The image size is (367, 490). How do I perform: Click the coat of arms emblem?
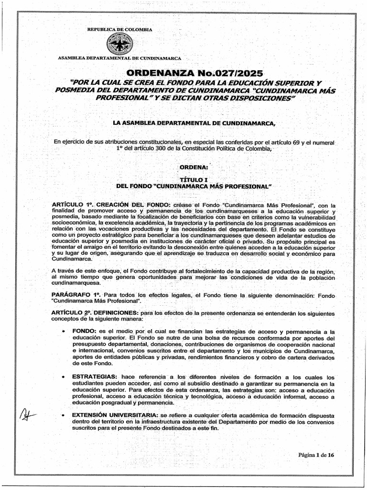click(x=119, y=45)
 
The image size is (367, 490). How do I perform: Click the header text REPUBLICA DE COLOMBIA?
click(x=119, y=30)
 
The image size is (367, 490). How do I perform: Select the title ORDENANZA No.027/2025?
click(x=194, y=73)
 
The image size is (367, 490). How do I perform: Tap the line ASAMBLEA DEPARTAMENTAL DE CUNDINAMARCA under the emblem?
click(x=119, y=58)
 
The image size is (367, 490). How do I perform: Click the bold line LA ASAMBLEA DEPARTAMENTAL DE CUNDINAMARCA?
click(x=194, y=123)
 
